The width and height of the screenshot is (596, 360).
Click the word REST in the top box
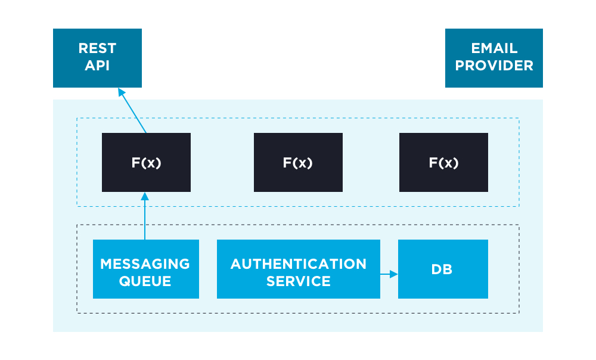pos(97,49)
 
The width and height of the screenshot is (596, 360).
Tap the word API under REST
pos(97,66)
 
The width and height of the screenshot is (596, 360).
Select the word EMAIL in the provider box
pos(494,49)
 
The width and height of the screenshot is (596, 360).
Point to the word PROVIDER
pos(494,66)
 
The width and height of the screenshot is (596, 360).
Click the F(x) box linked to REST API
pos(146,163)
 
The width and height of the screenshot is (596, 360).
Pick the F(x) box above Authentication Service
pos(298,163)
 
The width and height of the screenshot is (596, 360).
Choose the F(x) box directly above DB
pos(443,163)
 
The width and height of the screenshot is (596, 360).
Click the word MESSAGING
pos(145,263)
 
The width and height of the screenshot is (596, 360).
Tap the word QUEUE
pos(145,281)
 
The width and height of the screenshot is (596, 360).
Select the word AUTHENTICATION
pos(299,263)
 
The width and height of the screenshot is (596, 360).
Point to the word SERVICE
pos(299,281)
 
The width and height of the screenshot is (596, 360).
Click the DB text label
pos(442,269)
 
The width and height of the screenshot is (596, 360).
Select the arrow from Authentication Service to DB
pos(388,274)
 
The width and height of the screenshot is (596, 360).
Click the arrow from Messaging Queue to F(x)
pos(144,218)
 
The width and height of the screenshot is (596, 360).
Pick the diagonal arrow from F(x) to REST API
pos(133,111)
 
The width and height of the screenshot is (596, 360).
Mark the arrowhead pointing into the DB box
pos(394,274)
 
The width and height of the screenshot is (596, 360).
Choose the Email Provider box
pos(494,58)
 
